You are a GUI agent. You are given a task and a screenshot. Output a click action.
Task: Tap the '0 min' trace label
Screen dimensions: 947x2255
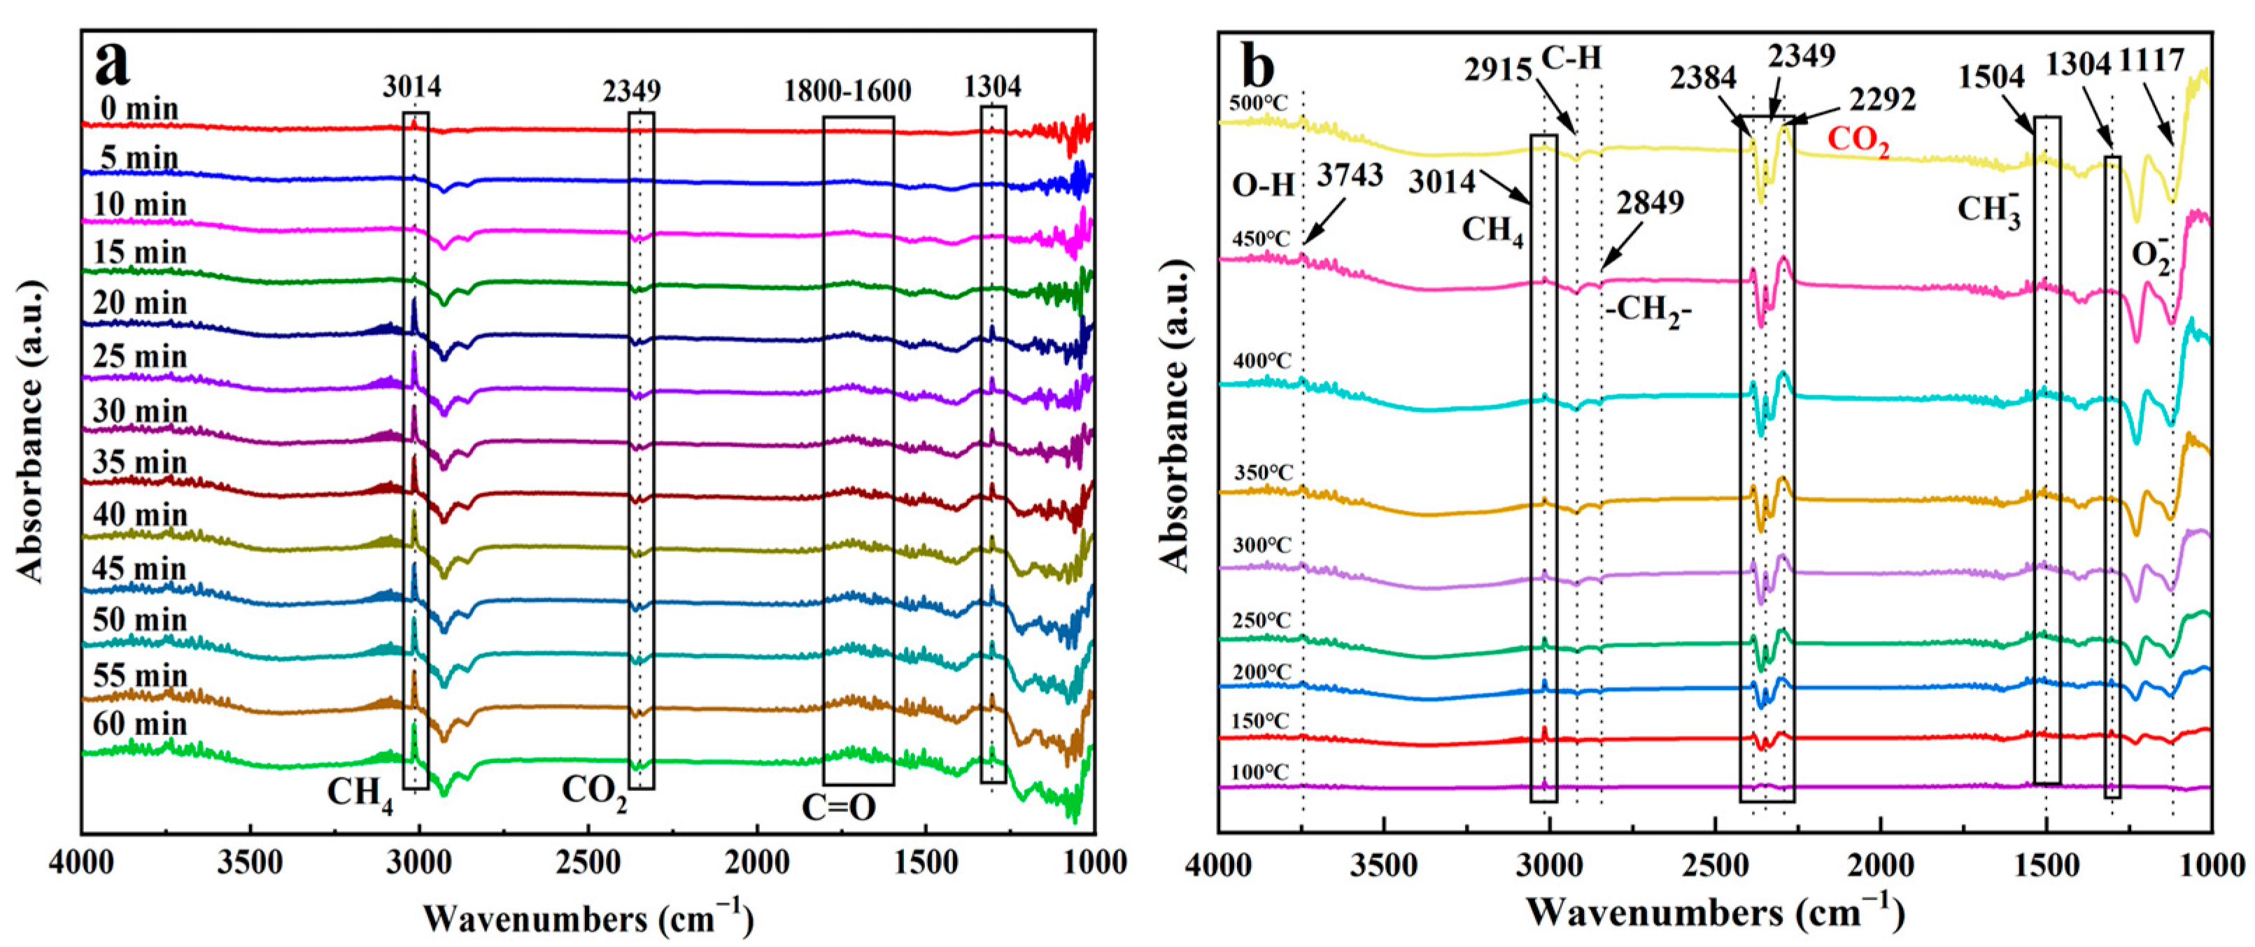[139, 109]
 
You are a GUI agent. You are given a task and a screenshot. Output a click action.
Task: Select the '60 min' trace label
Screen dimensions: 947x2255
[140, 725]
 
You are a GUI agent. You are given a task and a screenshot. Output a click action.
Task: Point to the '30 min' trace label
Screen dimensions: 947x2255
[140, 411]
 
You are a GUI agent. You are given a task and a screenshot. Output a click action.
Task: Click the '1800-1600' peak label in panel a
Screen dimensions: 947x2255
[847, 90]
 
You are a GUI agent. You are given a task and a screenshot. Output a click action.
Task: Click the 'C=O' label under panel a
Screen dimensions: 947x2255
[839, 807]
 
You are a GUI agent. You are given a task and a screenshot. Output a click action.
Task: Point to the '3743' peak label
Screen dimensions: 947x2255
[1350, 175]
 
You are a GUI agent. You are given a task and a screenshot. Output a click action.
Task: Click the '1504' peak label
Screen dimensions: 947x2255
[1991, 77]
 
